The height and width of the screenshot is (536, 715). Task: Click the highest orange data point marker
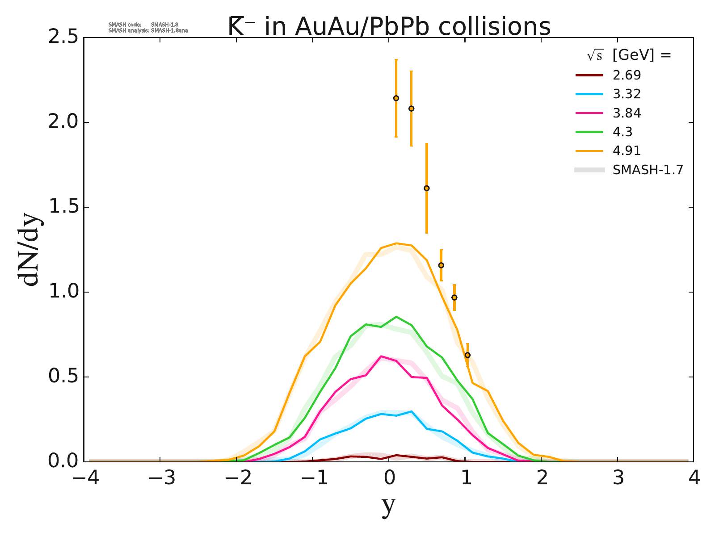(396, 98)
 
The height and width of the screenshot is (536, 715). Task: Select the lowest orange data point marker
(467, 355)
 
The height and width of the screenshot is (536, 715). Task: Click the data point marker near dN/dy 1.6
(427, 188)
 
